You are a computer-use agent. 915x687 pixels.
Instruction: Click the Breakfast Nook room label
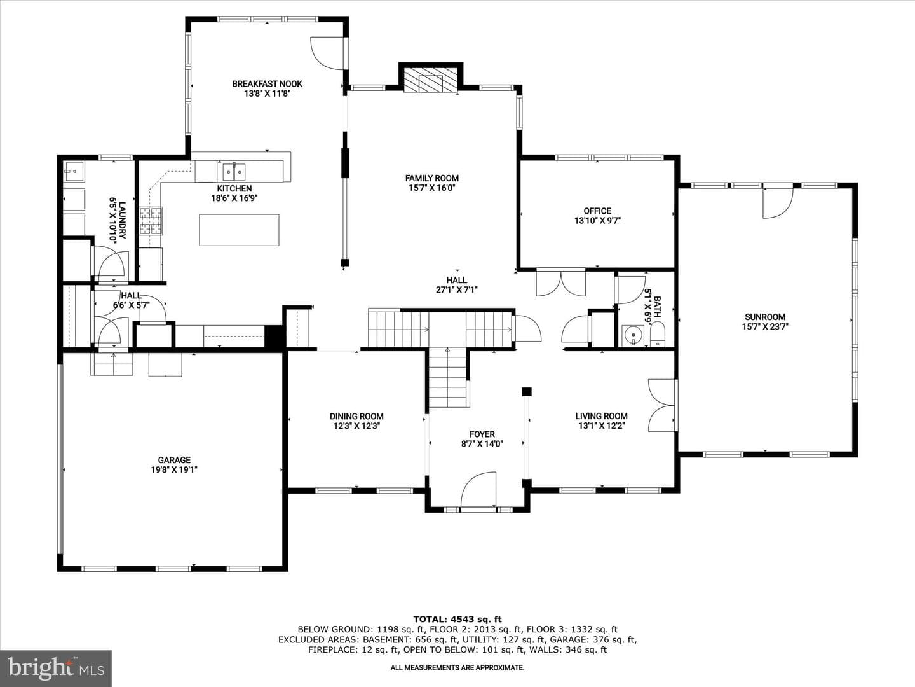pyautogui.click(x=267, y=84)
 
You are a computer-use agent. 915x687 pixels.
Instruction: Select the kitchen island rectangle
pyautogui.click(x=239, y=230)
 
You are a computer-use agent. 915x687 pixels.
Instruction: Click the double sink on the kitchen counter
pyautogui.click(x=234, y=171)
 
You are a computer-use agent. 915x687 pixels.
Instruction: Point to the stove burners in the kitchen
pyautogui.click(x=150, y=221)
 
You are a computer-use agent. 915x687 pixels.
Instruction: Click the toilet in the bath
pyautogui.click(x=658, y=334)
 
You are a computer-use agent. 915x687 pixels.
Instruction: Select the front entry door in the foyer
pyautogui.click(x=478, y=490)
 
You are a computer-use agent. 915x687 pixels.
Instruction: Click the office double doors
pyautogui.click(x=560, y=283)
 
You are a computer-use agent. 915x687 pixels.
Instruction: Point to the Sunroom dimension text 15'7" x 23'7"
pyautogui.click(x=765, y=326)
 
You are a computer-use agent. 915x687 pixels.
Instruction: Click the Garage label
pyautogui.click(x=174, y=460)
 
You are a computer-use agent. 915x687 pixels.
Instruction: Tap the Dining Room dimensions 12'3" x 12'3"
pyautogui.click(x=356, y=426)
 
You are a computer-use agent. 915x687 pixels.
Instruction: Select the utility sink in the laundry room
pyautogui.click(x=74, y=171)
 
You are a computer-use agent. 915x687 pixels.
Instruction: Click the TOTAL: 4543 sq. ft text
pyautogui.click(x=457, y=620)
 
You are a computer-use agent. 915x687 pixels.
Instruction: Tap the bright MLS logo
pyautogui.click(x=56, y=668)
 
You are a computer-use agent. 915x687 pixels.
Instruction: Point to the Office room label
pyautogui.click(x=597, y=211)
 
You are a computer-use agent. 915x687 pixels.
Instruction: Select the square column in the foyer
pyautogui.click(x=527, y=392)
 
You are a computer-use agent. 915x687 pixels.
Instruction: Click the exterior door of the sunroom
pyautogui.click(x=778, y=203)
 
